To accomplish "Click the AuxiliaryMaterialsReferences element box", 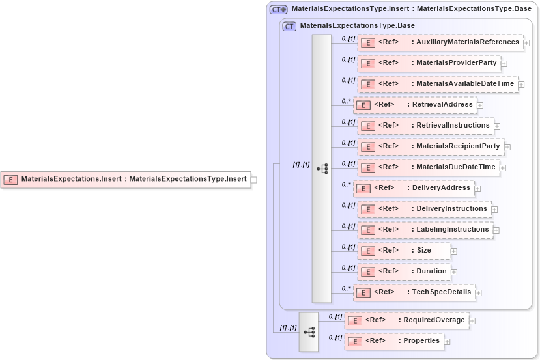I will tap(440, 42).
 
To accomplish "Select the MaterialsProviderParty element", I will tap(429, 63).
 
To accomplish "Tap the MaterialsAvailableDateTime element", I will tap(438, 84).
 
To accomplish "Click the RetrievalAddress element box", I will tap(414, 105).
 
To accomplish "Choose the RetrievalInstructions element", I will tap(425, 126).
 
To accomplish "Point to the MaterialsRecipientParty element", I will tap(431, 146).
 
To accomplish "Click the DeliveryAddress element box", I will tap(413, 188).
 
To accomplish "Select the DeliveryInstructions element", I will tap(424, 209).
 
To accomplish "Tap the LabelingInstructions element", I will tap(425, 230).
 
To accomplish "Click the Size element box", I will tap(404, 251).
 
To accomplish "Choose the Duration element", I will tap(404, 271).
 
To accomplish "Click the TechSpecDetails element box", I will tap(414, 292).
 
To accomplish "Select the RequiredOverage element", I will tap(406, 320).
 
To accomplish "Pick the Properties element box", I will tap(394, 341).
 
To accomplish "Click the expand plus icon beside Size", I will tap(454, 251).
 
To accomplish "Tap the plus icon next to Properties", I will tap(448, 342).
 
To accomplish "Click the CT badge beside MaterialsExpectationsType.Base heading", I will tap(289, 26).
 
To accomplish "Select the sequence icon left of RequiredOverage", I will tap(309, 331).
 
